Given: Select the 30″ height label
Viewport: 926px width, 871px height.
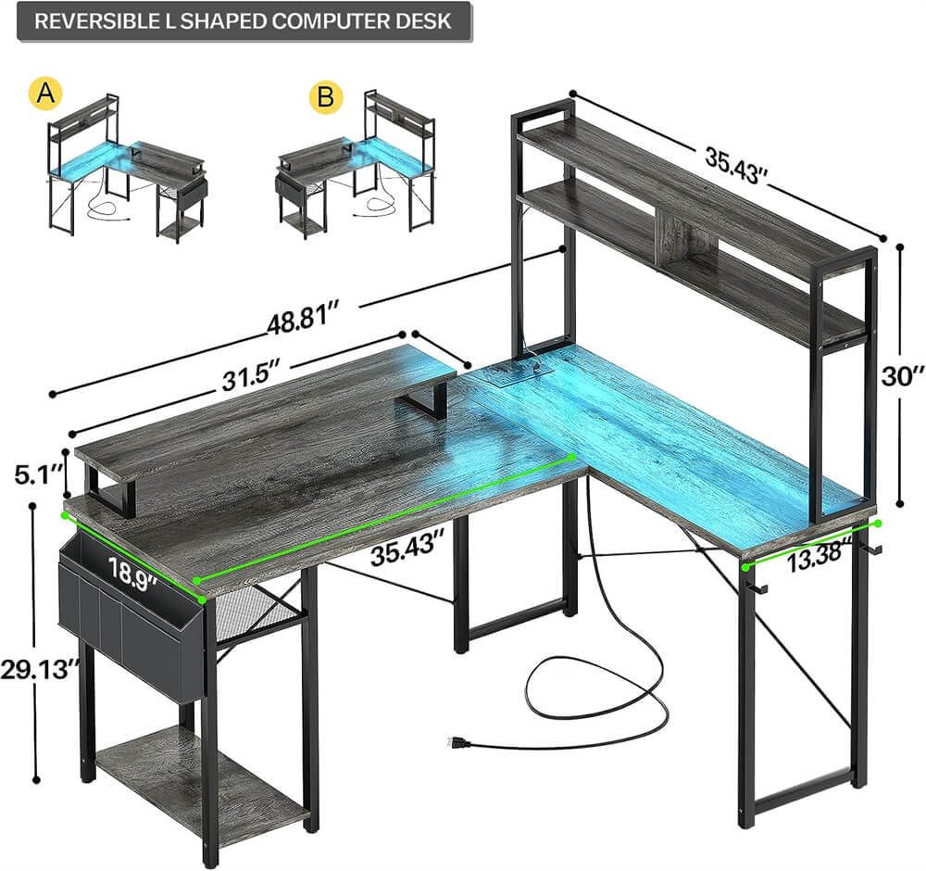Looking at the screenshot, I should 902,375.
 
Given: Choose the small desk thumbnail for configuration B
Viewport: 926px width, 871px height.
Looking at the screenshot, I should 357,167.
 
